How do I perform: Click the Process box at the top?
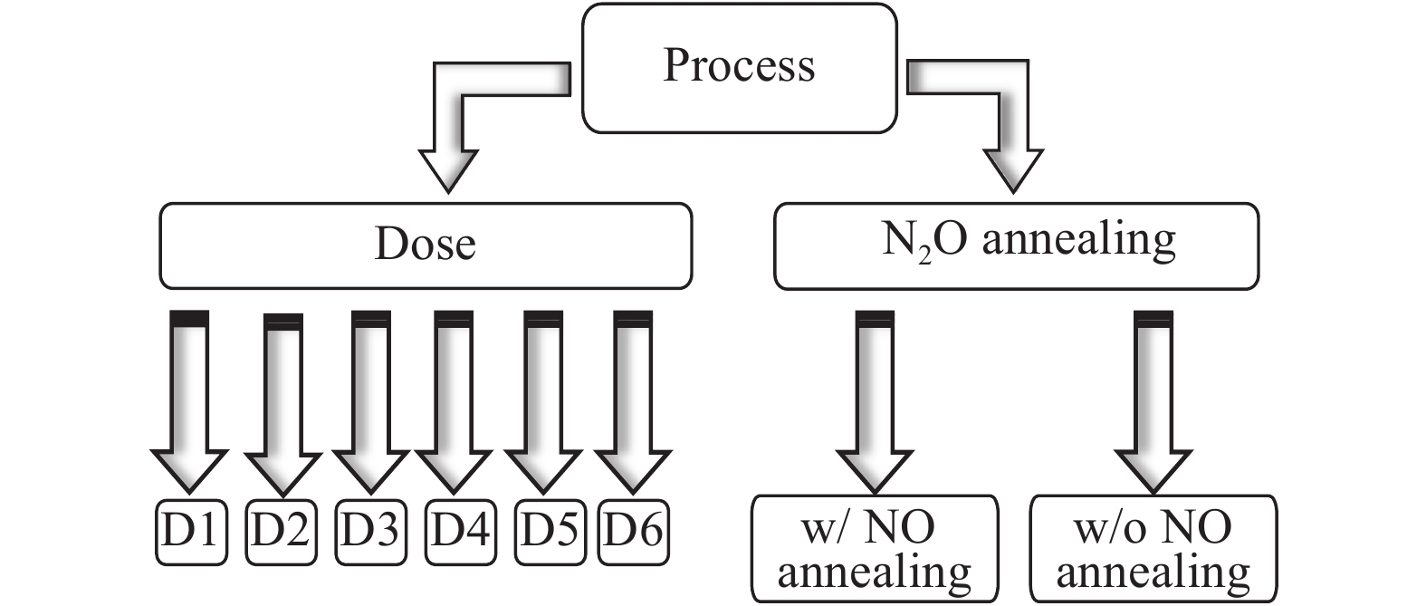point(739,68)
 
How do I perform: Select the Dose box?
point(426,245)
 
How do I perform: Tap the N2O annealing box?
point(1016,245)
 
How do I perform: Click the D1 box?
point(190,532)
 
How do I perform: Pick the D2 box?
point(281,532)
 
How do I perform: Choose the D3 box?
point(371,532)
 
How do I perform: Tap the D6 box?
point(634,532)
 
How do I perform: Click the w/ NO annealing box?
point(875,548)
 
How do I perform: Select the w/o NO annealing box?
point(1153,548)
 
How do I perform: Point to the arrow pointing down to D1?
point(189,399)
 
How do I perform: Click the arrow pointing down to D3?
point(371,399)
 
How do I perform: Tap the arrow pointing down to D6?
point(633,399)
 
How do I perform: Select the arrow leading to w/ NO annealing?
point(875,399)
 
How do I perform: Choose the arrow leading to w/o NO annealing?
point(1153,399)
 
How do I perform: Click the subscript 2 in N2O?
point(924,256)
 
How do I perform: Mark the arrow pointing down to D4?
point(454,399)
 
